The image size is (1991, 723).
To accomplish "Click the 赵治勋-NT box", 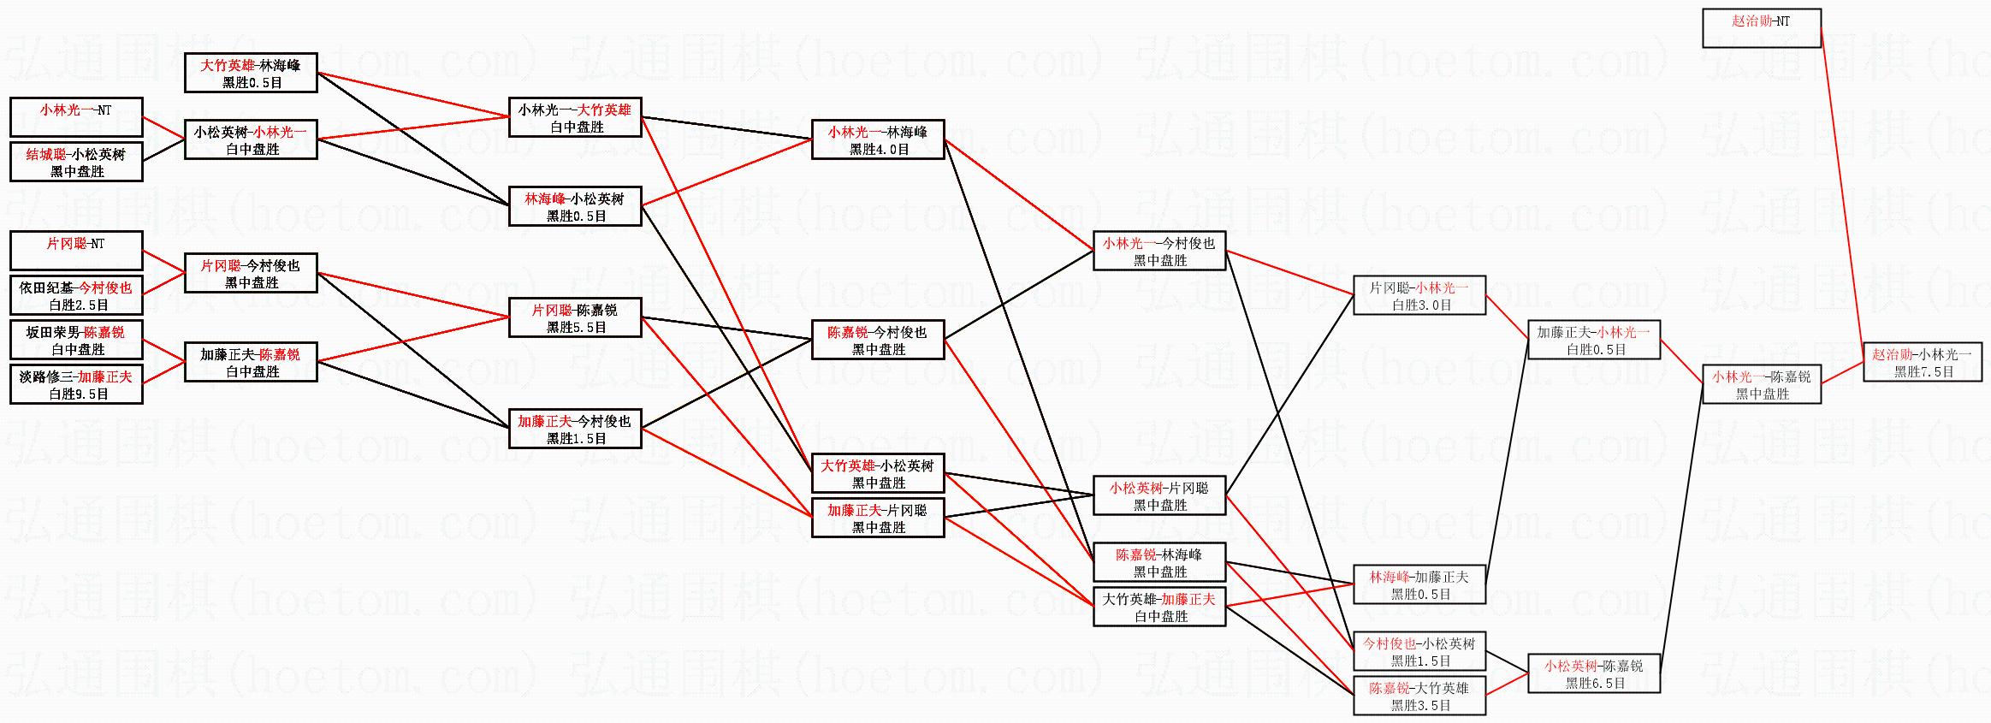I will click(1761, 27).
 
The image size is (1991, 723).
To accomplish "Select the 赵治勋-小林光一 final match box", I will click(1923, 362).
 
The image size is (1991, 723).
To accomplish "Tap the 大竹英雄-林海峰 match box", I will click(251, 73).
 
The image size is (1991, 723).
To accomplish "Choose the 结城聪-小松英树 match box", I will click(76, 162).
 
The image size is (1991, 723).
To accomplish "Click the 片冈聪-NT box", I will click(76, 251).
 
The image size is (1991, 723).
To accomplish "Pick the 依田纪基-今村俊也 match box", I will click(76, 295).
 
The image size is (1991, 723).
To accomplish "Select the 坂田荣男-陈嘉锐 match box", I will click(76, 340).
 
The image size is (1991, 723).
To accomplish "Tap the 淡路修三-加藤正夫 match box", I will click(76, 384).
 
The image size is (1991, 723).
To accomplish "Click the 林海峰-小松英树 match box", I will click(575, 206).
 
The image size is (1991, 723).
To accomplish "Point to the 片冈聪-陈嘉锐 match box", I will click(575, 317).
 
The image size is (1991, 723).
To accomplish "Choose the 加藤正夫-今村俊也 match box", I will click(575, 429).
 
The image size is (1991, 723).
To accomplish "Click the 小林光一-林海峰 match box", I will click(877, 139).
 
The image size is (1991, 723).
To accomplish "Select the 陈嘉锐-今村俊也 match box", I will click(877, 340).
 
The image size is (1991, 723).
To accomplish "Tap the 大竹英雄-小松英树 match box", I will click(877, 473).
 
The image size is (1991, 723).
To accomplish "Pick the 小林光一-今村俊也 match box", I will click(1159, 251).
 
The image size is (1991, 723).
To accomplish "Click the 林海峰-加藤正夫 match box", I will click(1419, 584).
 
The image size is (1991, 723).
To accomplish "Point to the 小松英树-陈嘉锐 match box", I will click(1594, 673).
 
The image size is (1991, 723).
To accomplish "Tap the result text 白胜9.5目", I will click(78, 394).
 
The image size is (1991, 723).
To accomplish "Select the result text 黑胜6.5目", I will click(1595, 684).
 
